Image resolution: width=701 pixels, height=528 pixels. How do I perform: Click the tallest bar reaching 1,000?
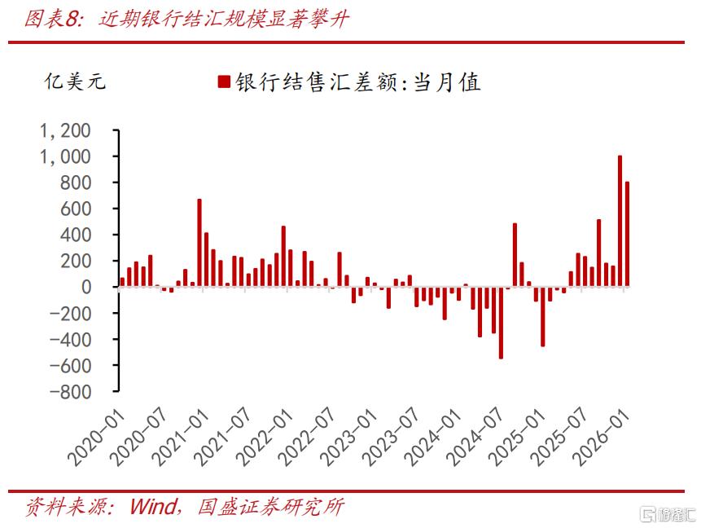click(x=620, y=221)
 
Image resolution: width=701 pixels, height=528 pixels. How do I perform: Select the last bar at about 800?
click(x=627, y=234)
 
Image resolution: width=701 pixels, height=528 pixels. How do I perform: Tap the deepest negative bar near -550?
click(x=501, y=323)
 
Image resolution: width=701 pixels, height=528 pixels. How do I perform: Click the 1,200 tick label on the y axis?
click(x=65, y=130)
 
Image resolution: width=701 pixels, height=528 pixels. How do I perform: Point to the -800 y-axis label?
click(x=70, y=392)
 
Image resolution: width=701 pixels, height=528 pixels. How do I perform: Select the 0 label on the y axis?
click(x=86, y=288)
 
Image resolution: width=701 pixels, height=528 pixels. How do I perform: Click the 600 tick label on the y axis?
click(x=76, y=209)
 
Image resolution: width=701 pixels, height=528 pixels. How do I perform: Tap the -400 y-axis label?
click(x=70, y=340)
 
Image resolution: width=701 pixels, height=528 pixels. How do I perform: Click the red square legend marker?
click(x=224, y=81)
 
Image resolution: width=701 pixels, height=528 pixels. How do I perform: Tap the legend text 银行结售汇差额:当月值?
click(x=358, y=82)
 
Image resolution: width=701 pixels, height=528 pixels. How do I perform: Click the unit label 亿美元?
click(x=75, y=81)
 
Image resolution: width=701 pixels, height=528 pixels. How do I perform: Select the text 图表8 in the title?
click(x=51, y=20)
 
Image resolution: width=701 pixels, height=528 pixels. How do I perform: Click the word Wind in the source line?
click(x=153, y=507)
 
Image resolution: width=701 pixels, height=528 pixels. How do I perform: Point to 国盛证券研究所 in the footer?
click(x=271, y=507)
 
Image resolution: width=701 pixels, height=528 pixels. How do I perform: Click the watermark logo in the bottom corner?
click(x=668, y=514)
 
